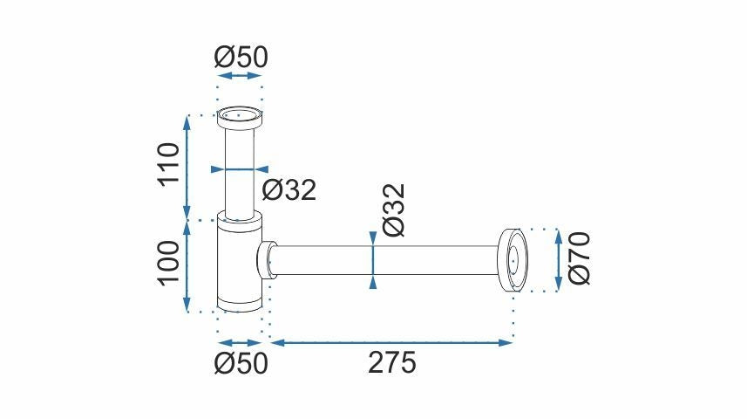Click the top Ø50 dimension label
tap(241, 57)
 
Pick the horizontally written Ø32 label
tap(288, 190)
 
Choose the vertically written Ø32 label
tap(394, 209)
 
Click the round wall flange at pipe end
tap(513, 259)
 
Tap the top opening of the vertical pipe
tap(239, 114)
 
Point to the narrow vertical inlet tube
tap(239, 170)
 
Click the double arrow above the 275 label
tap(390, 342)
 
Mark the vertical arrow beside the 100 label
tap(187, 264)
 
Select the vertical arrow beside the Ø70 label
tap(558, 259)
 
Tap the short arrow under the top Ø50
tap(240, 76)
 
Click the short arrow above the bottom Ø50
tap(239, 342)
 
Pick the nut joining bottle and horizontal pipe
tap(267, 259)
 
